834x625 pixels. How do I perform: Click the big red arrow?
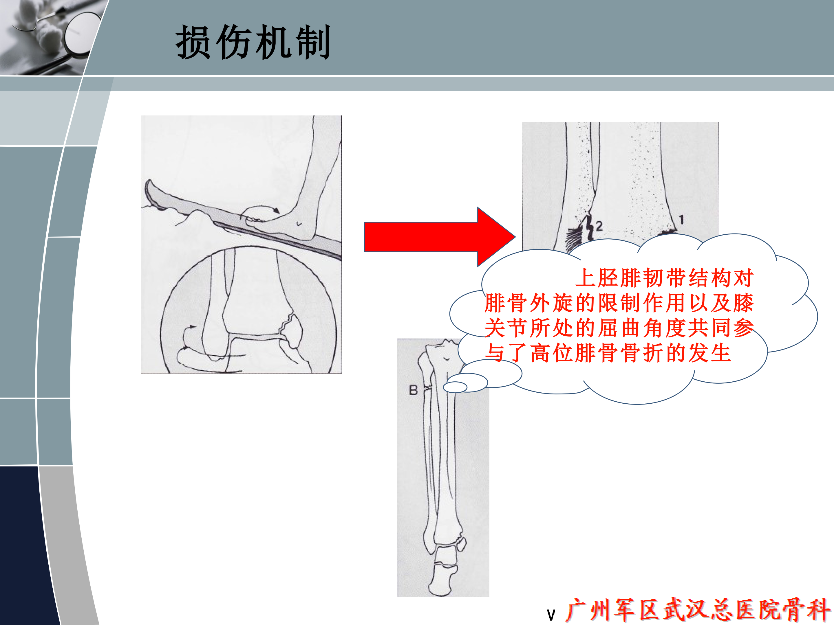point(440,237)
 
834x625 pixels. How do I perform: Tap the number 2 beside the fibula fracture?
point(599,226)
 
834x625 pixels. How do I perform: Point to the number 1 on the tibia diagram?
point(681,220)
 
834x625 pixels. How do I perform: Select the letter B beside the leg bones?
point(413,390)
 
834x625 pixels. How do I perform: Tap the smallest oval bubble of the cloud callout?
point(455,387)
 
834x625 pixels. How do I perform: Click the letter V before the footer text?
point(551,615)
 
